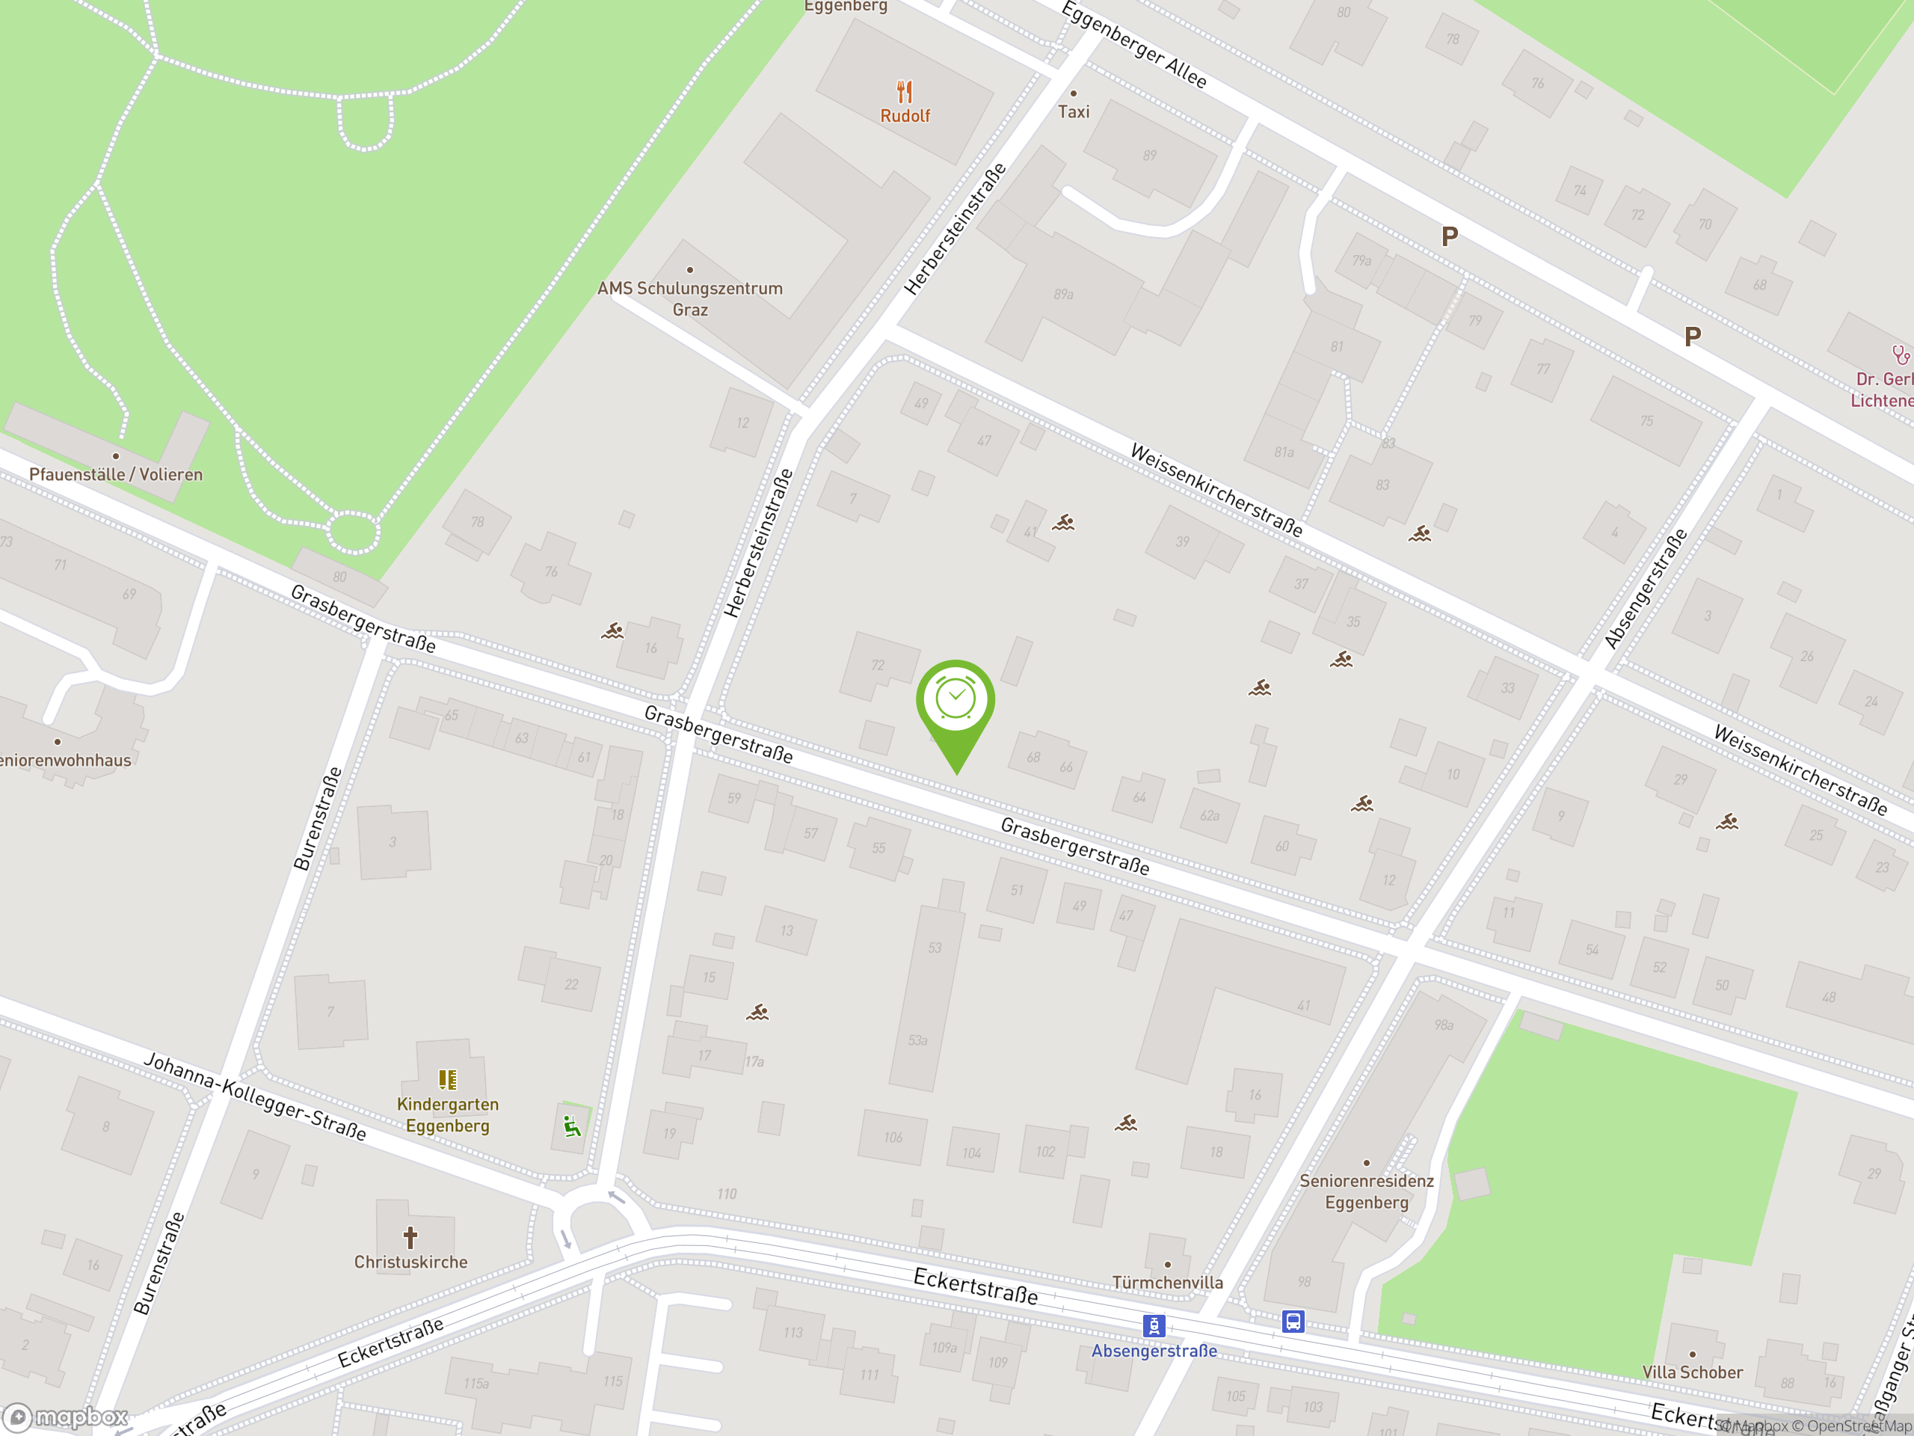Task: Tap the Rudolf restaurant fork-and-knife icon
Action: pyautogui.click(x=904, y=92)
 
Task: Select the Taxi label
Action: pyautogui.click(x=1073, y=111)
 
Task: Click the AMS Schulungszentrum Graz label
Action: pyautogui.click(x=689, y=298)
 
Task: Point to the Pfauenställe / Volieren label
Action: pyautogui.click(x=116, y=474)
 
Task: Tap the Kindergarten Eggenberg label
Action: pyautogui.click(x=447, y=1115)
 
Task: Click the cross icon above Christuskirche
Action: pyautogui.click(x=410, y=1237)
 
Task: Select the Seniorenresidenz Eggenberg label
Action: pyautogui.click(x=1366, y=1191)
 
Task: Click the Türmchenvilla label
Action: pyautogui.click(x=1167, y=1282)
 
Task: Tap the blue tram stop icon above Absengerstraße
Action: pyautogui.click(x=1154, y=1326)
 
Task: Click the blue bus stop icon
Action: pyautogui.click(x=1293, y=1322)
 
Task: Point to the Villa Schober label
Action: pyautogui.click(x=1693, y=1372)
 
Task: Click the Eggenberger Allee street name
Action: pyautogui.click(x=1133, y=44)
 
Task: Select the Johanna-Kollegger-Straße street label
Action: pyautogui.click(x=255, y=1096)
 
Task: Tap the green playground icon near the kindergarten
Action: pyautogui.click(x=572, y=1126)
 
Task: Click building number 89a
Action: pyautogui.click(x=1063, y=294)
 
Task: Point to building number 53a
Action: pyautogui.click(x=917, y=1040)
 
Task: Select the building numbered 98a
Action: pyautogui.click(x=1443, y=1025)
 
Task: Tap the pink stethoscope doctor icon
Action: pyautogui.click(x=1900, y=355)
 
